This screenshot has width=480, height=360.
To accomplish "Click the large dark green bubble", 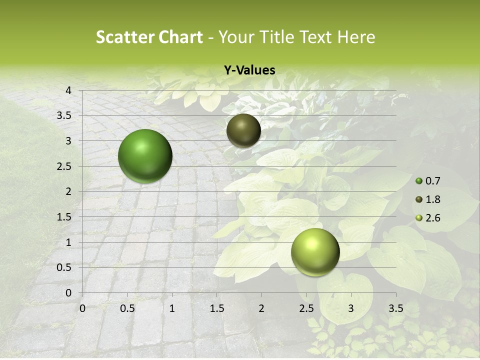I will (x=145, y=156).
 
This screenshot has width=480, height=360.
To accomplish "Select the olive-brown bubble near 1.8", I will (x=243, y=130).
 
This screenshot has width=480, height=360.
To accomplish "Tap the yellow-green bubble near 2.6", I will (x=315, y=252).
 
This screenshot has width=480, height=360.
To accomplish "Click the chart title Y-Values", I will (x=249, y=70).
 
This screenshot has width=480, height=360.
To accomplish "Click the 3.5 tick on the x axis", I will (x=395, y=308).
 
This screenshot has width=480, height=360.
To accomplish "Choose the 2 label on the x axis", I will (x=261, y=308).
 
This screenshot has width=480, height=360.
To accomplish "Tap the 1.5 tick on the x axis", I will (x=216, y=308).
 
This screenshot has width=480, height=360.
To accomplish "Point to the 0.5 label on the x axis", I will (x=127, y=308).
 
